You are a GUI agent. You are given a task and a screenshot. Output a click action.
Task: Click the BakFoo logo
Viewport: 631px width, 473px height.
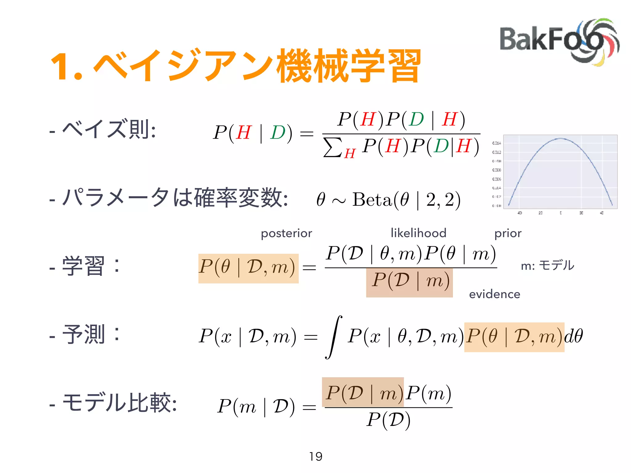click(x=559, y=42)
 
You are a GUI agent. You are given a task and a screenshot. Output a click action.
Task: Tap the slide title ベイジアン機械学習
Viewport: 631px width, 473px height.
click(x=236, y=66)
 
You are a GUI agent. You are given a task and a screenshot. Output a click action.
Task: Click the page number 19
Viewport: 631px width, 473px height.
click(x=316, y=456)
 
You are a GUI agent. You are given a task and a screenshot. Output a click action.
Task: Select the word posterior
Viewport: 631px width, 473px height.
click(x=286, y=233)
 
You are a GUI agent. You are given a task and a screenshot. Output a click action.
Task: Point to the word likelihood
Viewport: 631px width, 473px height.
click(x=418, y=233)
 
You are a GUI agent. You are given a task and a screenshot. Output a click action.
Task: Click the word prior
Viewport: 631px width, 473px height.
click(x=508, y=233)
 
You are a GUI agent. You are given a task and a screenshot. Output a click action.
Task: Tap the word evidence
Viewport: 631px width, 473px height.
click(x=495, y=294)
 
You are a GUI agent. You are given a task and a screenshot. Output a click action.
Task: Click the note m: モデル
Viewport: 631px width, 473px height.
click(x=548, y=265)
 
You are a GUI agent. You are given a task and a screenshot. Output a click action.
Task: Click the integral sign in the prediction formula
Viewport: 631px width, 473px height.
click(x=333, y=337)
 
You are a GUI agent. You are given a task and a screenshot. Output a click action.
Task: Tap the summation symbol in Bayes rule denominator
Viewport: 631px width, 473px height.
click(x=333, y=147)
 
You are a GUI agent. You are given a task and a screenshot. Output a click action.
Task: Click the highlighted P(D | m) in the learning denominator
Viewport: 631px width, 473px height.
click(x=409, y=282)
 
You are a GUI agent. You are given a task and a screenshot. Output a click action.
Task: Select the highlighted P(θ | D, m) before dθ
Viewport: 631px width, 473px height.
click(x=514, y=337)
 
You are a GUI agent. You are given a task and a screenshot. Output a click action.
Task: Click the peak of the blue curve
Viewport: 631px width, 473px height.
click(x=560, y=139)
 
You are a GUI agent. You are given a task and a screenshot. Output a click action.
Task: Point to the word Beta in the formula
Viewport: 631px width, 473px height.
click(x=372, y=200)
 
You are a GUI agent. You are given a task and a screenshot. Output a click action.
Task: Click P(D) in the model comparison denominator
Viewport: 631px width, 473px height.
click(x=389, y=420)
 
